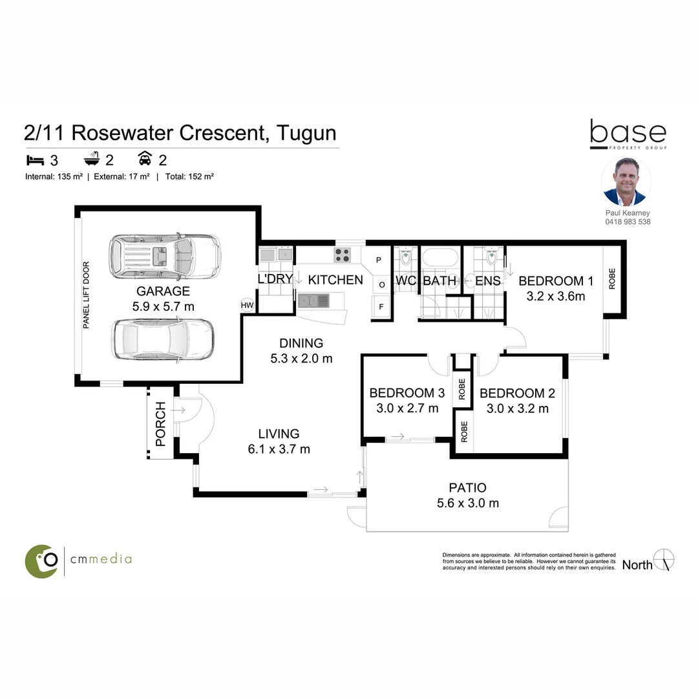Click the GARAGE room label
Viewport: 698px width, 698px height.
click(163, 291)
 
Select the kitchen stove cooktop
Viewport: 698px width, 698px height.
click(342, 255)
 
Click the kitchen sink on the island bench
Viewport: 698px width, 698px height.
click(313, 300)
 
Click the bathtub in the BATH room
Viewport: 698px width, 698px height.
click(439, 260)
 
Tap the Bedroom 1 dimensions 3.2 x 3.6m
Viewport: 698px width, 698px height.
click(555, 296)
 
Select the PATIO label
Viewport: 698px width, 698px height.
click(467, 488)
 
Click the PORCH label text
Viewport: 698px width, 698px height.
click(161, 424)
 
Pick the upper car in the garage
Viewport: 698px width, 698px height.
click(164, 255)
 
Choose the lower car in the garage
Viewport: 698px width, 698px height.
click(163, 339)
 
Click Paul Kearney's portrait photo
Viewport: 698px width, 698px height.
click(626, 182)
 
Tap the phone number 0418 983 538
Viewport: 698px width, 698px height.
click(626, 222)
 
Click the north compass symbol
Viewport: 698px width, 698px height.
click(664, 560)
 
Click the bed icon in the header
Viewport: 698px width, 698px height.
click(33, 160)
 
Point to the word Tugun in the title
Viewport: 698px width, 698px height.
click(306, 133)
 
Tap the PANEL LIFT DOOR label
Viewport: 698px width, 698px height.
click(86, 295)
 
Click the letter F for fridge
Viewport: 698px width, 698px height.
click(381, 308)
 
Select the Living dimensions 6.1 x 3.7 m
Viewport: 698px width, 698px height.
click(279, 449)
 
